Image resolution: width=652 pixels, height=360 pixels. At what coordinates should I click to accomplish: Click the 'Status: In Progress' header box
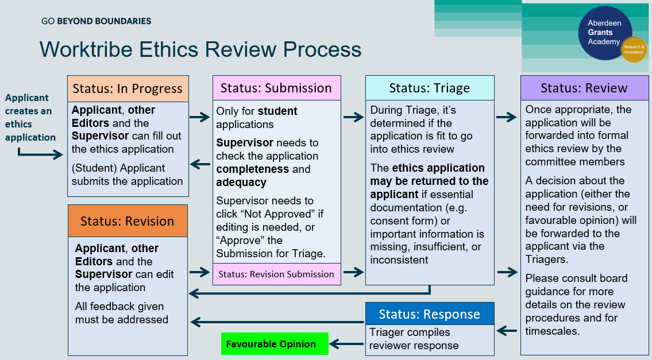(128, 88)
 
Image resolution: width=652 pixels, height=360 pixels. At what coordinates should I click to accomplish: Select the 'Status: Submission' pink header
(276, 88)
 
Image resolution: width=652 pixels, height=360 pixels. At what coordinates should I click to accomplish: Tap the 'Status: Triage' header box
(430, 88)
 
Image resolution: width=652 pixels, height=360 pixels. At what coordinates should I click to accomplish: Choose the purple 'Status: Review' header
(584, 88)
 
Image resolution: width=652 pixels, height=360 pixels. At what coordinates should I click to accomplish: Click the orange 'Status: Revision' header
(127, 221)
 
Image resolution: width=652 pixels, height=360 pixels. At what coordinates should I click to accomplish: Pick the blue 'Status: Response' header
(430, 314)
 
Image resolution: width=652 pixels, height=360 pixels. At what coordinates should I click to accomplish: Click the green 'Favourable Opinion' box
(271, 344)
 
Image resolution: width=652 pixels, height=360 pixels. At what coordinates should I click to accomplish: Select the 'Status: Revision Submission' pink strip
(276, 274)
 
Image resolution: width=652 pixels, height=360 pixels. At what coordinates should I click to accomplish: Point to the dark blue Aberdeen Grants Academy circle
(604, 33)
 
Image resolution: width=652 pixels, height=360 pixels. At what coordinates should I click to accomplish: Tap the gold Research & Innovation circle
(634, 49)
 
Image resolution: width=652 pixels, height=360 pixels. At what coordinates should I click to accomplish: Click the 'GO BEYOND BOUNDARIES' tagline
(97, 21)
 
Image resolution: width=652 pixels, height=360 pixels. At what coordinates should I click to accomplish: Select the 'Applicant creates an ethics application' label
(30, 118)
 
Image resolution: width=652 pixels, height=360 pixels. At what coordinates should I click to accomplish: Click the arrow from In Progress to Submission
(200, 118)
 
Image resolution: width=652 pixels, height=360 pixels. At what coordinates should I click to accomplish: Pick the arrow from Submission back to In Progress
(200, 165)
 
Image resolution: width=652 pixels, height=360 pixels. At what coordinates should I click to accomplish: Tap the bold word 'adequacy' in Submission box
(241, 182)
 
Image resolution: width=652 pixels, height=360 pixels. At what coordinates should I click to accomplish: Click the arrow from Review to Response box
(507, 330)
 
